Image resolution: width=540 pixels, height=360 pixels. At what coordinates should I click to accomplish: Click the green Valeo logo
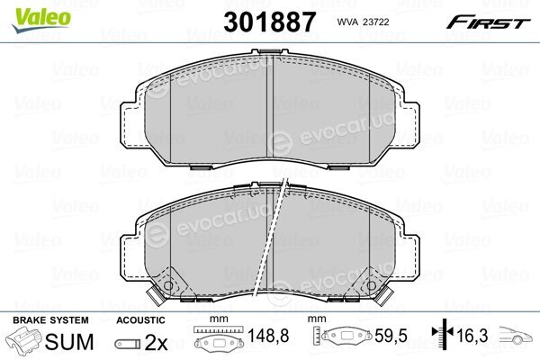tap(41, 20)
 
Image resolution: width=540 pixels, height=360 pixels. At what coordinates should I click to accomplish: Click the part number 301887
tap(269, 22)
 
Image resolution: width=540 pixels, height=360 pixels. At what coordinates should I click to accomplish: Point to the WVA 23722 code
tap(363, 22)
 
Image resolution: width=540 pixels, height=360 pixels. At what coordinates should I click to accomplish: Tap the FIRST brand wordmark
tap(488, 22)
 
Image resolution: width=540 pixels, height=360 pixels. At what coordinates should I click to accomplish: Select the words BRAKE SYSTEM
tap(50, 320)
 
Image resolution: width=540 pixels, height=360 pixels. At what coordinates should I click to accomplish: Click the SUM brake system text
tap(69, 342)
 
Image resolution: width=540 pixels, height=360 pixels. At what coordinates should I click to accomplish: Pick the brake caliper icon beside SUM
tap(23, 339)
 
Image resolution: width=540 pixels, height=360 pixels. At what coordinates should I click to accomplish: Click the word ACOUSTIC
tap(140, 320)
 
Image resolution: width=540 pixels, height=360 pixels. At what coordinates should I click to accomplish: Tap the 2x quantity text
tap(156, 342)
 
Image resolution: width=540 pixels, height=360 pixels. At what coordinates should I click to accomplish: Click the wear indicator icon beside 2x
tap(128, 344)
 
